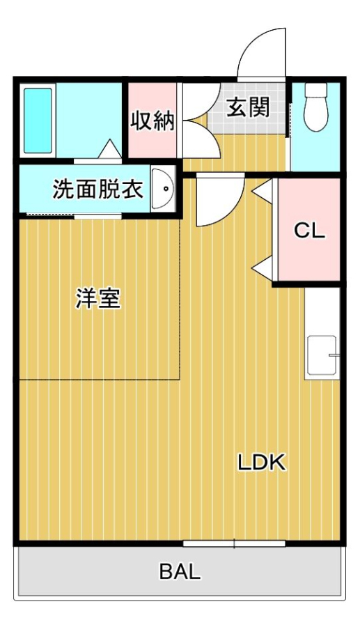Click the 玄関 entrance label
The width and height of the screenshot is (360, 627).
(x=248, y=107)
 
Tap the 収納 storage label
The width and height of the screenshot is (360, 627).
(x=153, y=121)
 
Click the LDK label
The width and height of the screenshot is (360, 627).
(x=262, y=463)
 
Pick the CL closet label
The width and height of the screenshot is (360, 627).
(x=309, y=231)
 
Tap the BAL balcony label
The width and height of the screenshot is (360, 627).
(x=180, y=572)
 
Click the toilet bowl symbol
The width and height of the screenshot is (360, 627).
(x=316, y=107)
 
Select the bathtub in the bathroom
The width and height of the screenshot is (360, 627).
(x=38, y=121)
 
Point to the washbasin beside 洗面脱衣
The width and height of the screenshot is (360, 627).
(x=162, y=189)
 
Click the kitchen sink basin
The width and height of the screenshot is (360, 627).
(x=322, y=355)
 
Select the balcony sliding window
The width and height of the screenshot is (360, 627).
(x=234, y=543)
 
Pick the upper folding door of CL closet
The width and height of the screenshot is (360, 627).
(x=263, y=190)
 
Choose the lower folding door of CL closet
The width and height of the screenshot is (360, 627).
(x=263, y=269)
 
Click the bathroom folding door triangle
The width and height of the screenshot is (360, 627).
(x=110, y=150)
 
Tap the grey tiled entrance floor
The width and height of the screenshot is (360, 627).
(x=248, y=108)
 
